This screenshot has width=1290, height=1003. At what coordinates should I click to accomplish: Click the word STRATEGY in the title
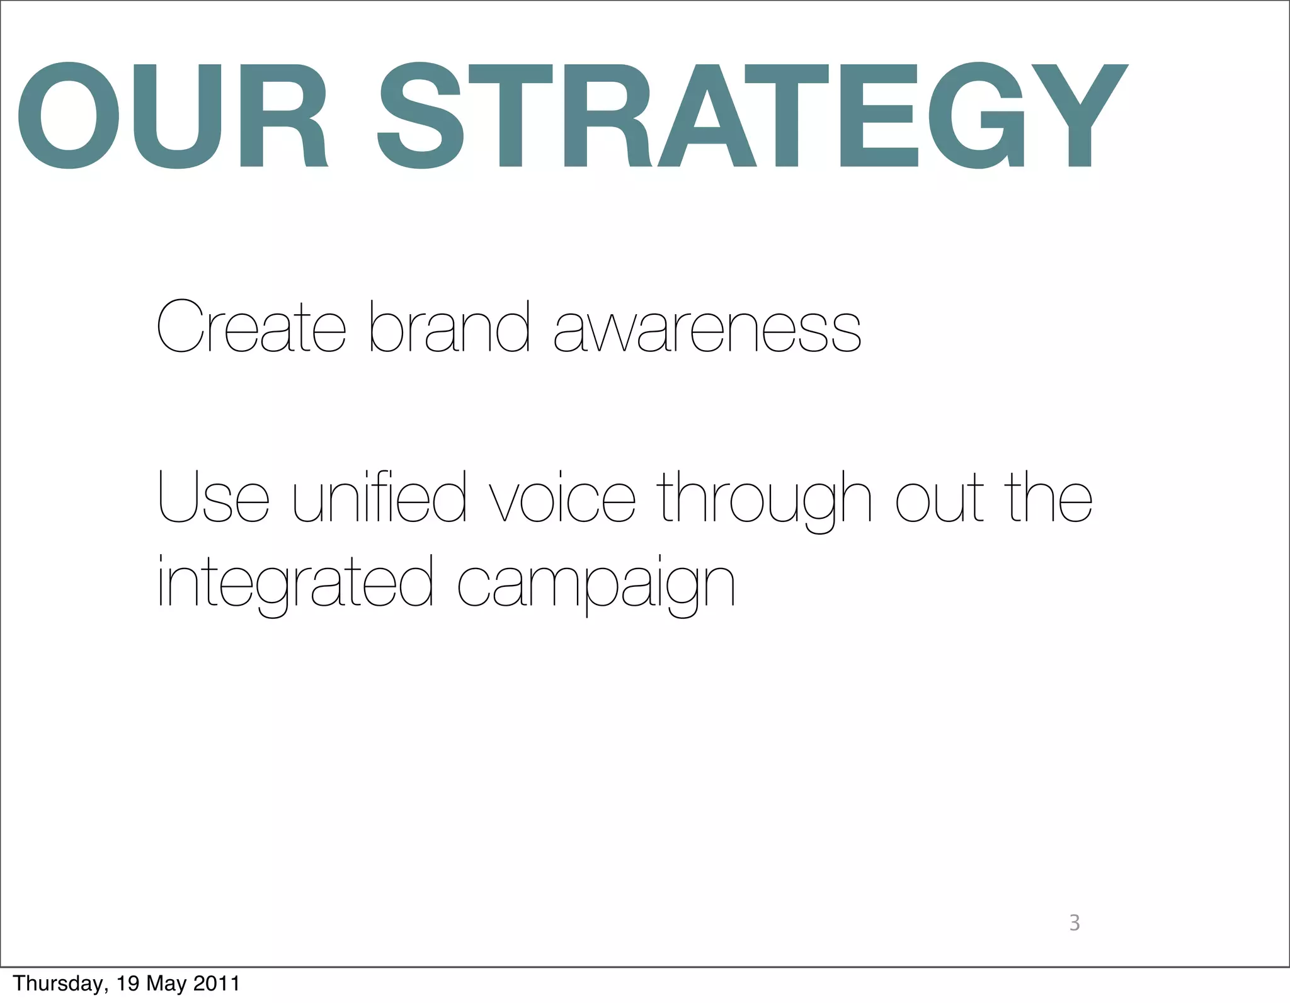click(752, 116)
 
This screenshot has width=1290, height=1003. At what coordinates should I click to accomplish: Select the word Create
click(251, 327)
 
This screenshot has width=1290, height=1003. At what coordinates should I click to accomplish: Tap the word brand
click(449, 327)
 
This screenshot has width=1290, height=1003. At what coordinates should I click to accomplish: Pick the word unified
click(380, 497)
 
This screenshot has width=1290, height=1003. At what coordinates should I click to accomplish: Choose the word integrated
click(295, 582)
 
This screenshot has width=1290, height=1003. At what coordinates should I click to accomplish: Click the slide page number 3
click(1075, 923)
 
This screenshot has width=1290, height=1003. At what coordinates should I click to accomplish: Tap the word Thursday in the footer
click(57, 983)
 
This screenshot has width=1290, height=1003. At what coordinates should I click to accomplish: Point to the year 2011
click(216, 983)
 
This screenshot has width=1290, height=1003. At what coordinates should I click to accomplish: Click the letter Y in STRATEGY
click(1080, 116)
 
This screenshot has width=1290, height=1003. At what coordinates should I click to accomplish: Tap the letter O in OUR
click(68, 116)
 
